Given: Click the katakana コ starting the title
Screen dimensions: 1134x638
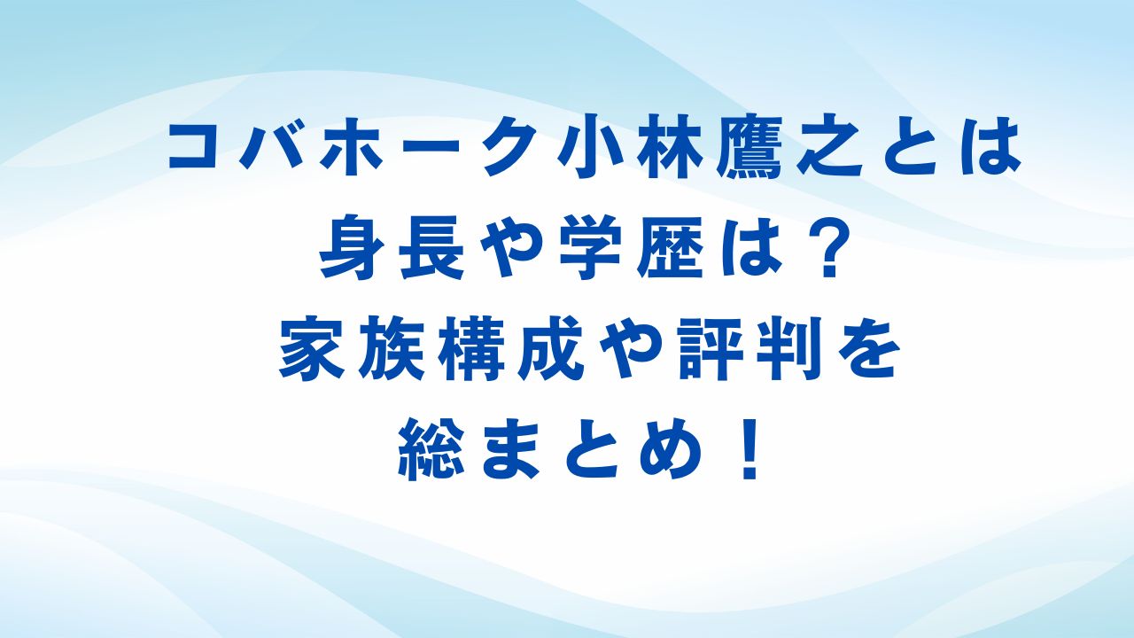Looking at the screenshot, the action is pyautogui.click(x=196, y=147).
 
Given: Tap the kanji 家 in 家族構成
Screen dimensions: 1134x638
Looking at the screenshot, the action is pyautogui.click(x=309, y=353).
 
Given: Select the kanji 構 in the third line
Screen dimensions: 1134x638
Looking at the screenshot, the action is pyautogui.click(x=470, y=353).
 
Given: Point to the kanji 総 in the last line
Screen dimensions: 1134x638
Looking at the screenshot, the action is pyautogui.click(x=429, y=452).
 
